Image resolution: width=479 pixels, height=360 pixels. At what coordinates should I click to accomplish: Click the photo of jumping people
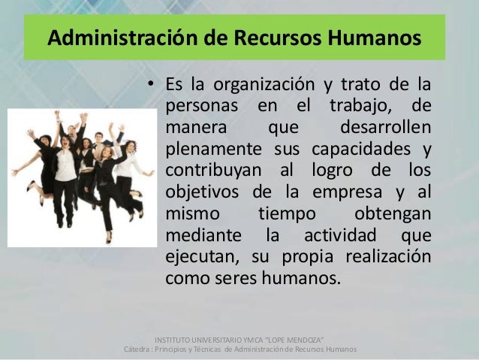point(80,177)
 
